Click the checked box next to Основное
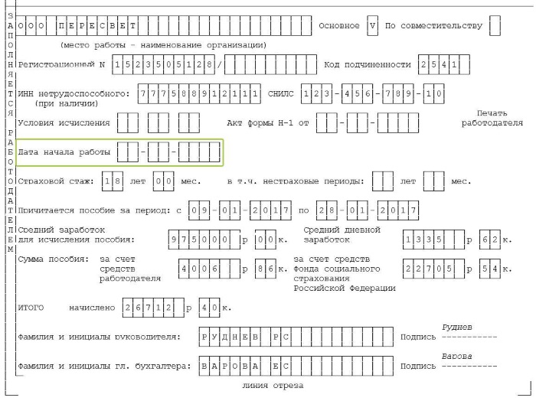point(372,25)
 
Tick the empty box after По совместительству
point(495,25)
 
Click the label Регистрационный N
point(61,64)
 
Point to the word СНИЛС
point(281,93)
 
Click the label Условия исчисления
point(64,122)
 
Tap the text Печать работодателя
point(492,118)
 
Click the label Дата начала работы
point(64,152)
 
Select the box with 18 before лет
point(113,181)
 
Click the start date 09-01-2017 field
point(240,210)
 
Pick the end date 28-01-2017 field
point(368,210)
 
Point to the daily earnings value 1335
point(433,240)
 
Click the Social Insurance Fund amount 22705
point(433,269)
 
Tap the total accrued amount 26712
point(153,308)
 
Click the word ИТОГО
point(31,308)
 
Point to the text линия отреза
point(273,386)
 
